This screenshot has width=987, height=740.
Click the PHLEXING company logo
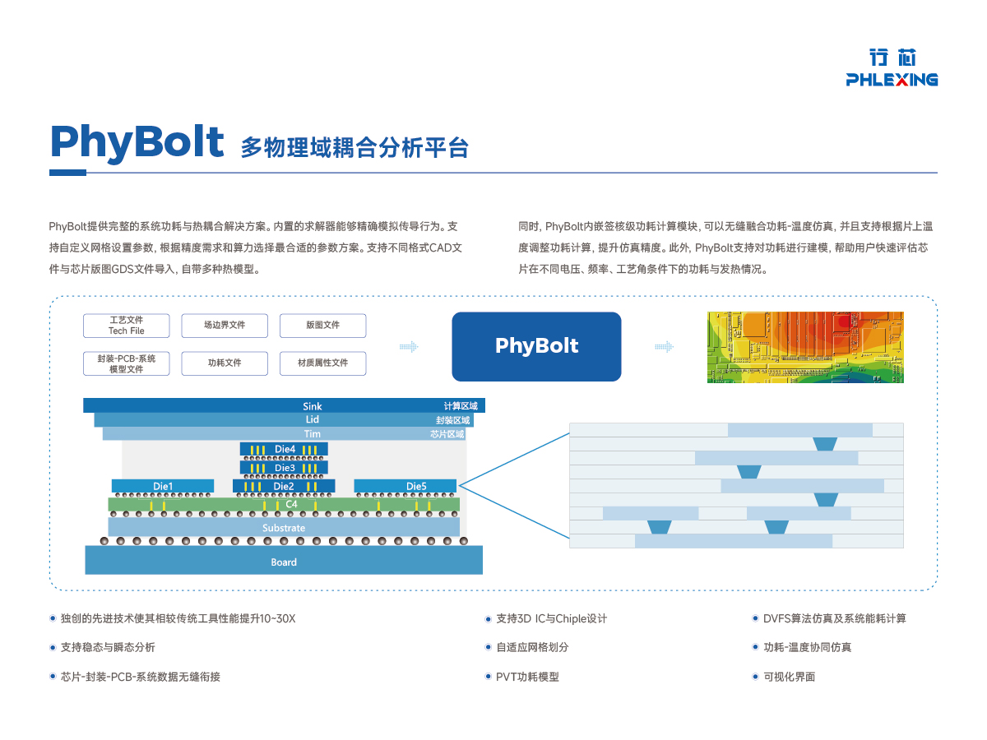pos(892,67)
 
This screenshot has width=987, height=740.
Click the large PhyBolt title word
pos(137,141)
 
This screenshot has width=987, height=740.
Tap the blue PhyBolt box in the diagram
pos(536,346)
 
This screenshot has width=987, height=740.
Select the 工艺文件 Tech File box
pos(126,326)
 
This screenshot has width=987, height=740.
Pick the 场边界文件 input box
pos(225,326)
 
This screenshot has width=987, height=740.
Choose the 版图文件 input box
pos(322,326)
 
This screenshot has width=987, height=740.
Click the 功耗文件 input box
pos(225,363)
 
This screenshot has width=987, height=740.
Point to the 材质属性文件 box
pos(322,363)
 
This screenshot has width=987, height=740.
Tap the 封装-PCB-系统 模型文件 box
pos(126,363)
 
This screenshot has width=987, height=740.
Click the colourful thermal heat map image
pos(805,347)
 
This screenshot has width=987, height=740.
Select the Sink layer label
pos(313,406)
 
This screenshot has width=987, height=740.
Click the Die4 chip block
pos(285,449)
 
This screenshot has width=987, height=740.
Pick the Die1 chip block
pos(163,486)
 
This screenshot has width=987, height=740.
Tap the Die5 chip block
pos(416,486)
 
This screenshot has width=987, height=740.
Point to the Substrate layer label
pos(284,528)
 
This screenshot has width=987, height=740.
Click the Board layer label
pos(284,562)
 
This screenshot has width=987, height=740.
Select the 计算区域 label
pos(460,406)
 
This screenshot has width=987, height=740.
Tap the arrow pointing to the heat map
pos(664,347)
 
